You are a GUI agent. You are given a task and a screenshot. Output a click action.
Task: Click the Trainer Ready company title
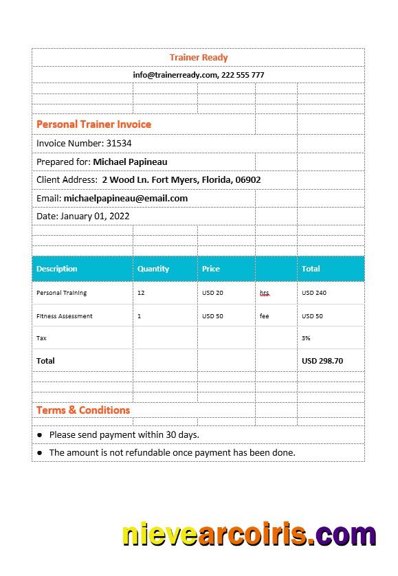click(199, 58)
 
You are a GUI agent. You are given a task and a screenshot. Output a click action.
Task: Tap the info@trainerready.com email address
click(175, 75)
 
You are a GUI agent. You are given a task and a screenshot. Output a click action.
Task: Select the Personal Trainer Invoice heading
click(93, 124)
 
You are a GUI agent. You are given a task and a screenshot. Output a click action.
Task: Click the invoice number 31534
click(119, 144)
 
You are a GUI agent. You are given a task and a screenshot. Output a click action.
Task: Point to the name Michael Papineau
click(130, 162)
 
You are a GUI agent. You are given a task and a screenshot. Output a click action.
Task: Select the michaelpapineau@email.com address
click(126, 199)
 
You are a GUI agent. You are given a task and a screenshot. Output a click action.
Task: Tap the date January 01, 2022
click(95, 217)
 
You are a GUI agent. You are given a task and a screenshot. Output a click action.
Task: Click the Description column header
click(57, 269)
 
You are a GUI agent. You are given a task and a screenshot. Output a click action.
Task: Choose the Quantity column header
click(153, 269)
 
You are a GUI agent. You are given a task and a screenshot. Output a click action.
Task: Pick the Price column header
click(211, 269)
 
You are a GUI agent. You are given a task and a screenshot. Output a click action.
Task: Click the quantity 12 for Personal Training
click(141, 293)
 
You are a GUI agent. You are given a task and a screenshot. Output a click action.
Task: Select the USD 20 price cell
click(212, 293)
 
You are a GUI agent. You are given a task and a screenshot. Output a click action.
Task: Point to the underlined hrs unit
click(265, 293)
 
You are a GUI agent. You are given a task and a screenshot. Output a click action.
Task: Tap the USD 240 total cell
click(314, 293)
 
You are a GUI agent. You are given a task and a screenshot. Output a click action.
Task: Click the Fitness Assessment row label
click(65, 316)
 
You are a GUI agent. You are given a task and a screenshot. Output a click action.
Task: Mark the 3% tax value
click(306, 338)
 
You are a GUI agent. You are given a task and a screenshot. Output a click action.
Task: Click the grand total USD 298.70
click(322, 361)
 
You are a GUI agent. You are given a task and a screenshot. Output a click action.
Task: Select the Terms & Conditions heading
click(83, 410)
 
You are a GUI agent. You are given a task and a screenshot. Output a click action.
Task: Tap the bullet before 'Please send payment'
click(40, 435)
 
